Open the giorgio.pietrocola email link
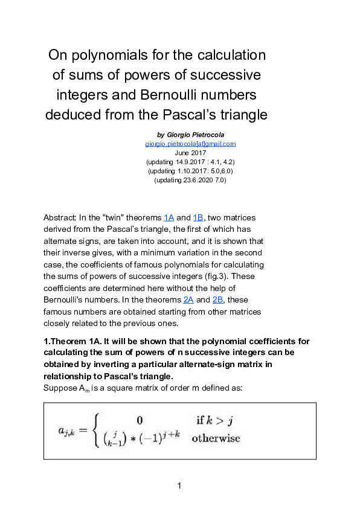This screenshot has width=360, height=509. pyautogui.click(x=190, y=144)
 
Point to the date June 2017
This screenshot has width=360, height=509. pyautogui.click(x=190, y=153)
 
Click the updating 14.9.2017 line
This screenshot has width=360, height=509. pyautogui.click(x=190, y=162)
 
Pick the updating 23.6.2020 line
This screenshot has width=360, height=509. pyautogui.click(x=190, y=180)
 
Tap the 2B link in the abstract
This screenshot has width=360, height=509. pyautogui.click(x=218, y=299)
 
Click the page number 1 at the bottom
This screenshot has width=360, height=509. pyautogui.click(x=179, y=486)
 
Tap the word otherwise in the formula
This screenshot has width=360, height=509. pyautogui.click(x=216, y=438)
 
